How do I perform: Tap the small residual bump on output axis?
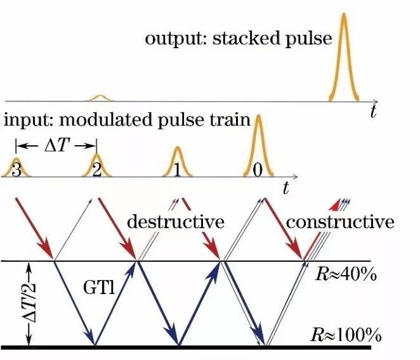pos(99,97)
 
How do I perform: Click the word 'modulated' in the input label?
pos(128,120)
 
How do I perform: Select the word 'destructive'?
pos(176,222)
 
